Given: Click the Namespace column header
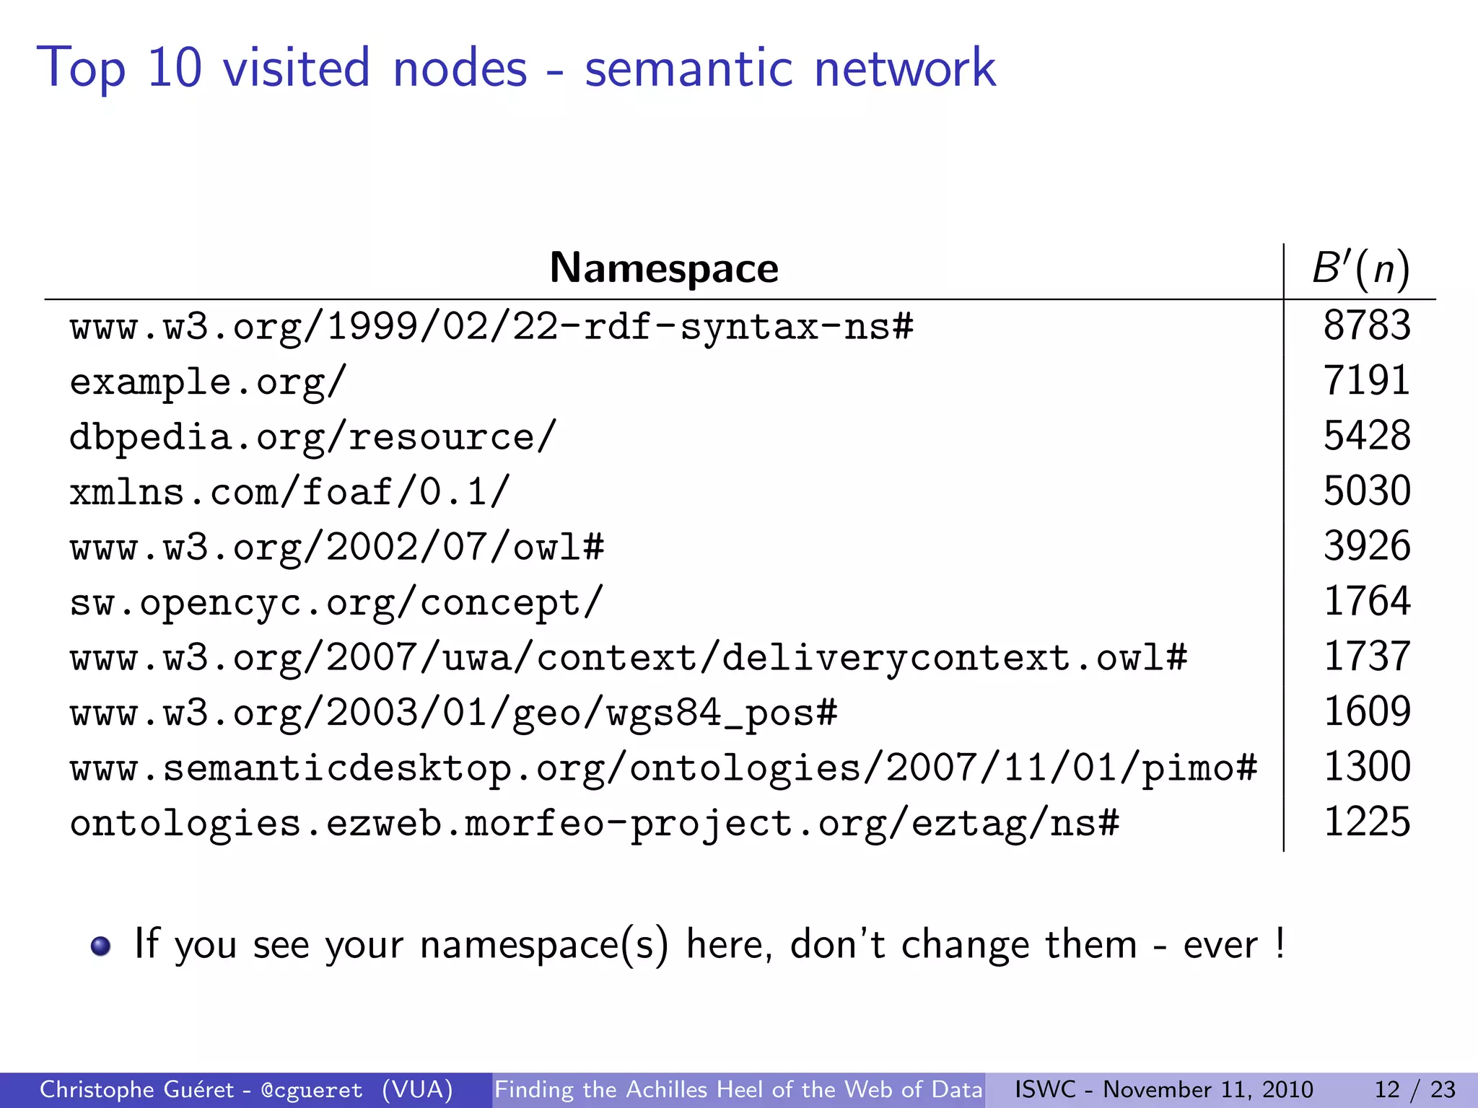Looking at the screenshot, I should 664,268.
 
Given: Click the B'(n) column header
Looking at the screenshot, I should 1360,268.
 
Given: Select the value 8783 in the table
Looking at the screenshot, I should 1366,325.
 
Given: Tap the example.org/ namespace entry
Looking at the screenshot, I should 208,381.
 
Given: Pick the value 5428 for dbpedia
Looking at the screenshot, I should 1366,436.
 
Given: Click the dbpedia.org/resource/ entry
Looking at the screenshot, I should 312,437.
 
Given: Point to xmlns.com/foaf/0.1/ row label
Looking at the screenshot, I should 289,492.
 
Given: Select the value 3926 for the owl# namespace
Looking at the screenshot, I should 1366,546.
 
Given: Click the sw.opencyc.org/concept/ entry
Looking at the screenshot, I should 336,602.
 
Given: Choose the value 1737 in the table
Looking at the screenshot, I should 1366,656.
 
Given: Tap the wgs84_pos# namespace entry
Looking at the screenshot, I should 453,713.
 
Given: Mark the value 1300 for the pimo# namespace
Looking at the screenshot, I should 1366,767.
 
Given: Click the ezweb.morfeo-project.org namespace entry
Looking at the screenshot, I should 594,823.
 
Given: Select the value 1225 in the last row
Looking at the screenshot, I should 1366,822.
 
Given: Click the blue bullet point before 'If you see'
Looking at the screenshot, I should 101,946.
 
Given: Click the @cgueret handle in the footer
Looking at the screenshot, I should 312,1090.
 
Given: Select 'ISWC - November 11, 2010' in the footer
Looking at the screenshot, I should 1163,1089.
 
